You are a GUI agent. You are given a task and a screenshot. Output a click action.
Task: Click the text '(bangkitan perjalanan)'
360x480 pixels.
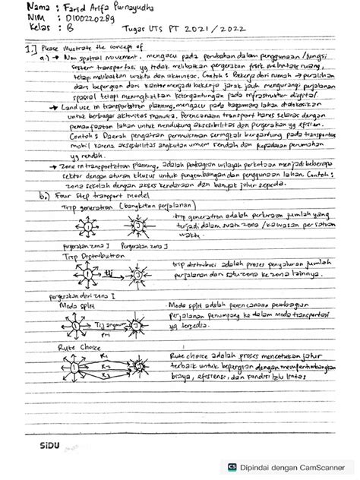146,205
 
